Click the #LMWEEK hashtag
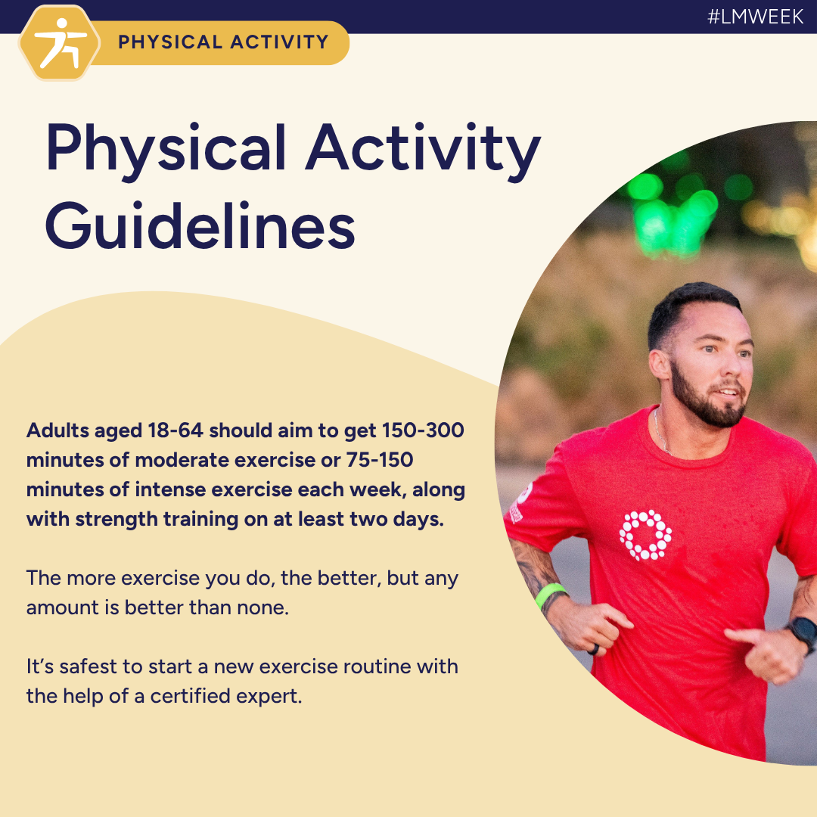click(756, 17)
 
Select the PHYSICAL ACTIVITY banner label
click(223, 42)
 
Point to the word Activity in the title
click(424, 148)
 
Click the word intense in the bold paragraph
click(172, 489)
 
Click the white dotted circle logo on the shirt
click(645, 535)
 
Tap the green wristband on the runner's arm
click(551, 595)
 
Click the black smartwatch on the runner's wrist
click(802, 633)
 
